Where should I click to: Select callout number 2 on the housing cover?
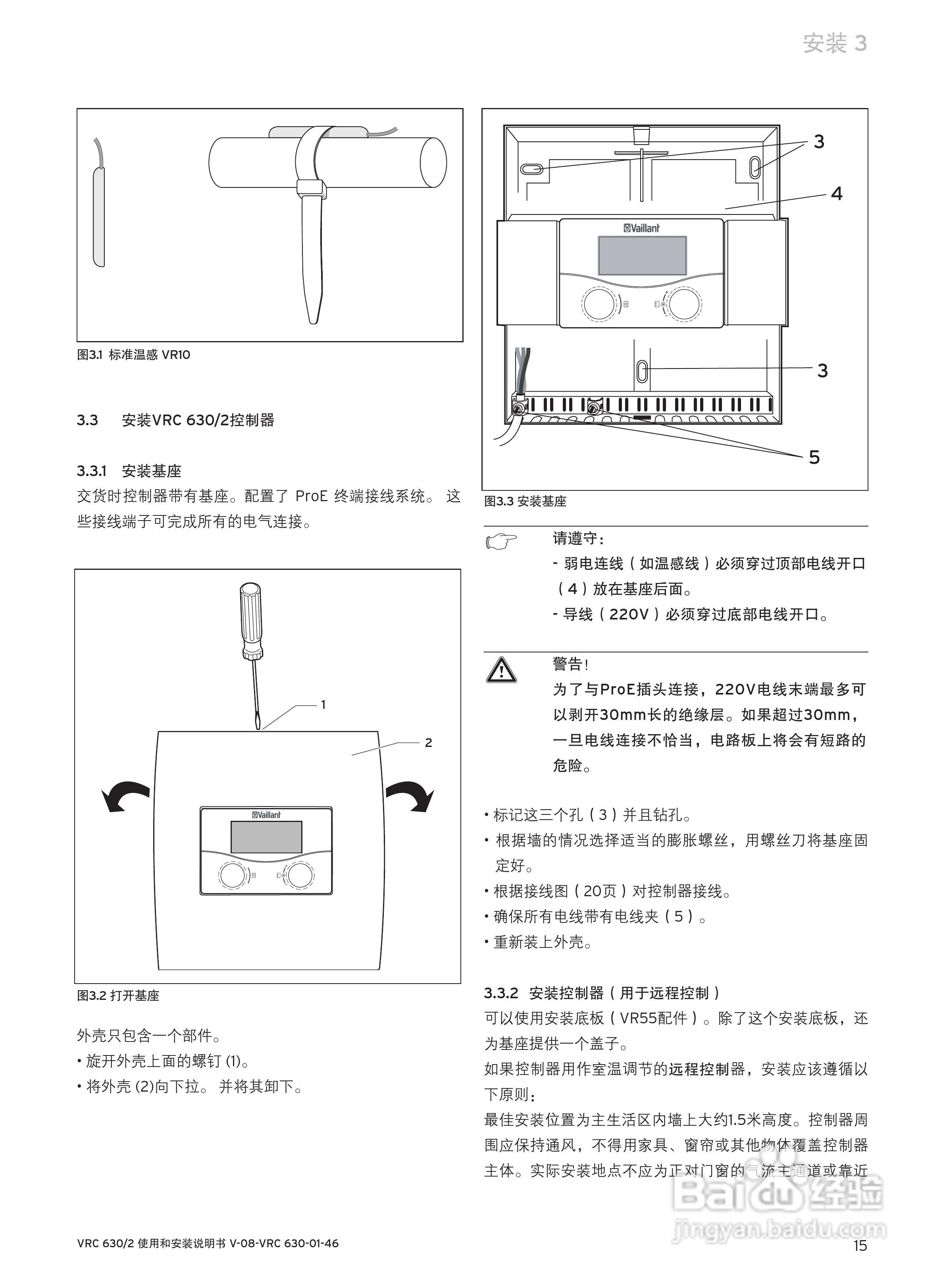(x=428, y=743)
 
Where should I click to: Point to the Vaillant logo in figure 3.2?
(x=266, y=815)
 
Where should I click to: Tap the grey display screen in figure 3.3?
(x=642, y=255)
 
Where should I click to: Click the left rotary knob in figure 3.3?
(x=599, y=304)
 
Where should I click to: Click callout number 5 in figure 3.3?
(x=814, y=457)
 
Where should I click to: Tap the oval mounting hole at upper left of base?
(x=531, y=170)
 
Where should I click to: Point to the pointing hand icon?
(x=501, y=540)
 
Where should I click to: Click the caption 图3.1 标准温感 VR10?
(x=133, y=355)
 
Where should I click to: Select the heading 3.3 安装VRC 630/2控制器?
(x=175, y=420)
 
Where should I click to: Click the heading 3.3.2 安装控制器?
(x=601, y=993)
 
